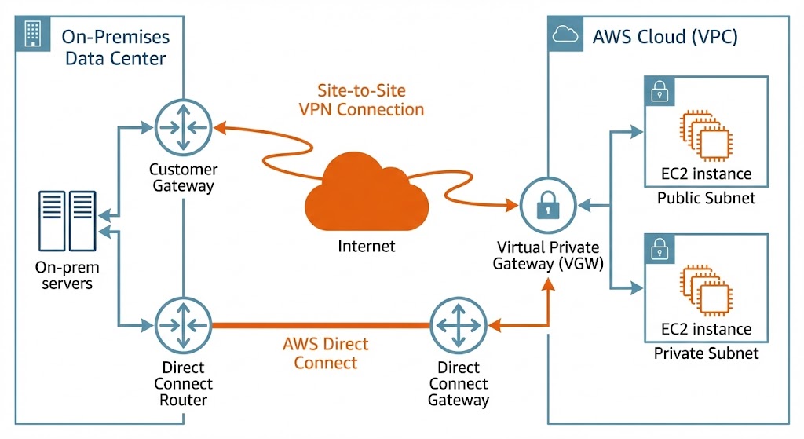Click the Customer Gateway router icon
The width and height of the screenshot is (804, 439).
(x=183, y=126)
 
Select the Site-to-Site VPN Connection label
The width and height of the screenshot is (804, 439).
(x=361, y=100)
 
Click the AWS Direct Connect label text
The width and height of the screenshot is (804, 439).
(x=325, y=353)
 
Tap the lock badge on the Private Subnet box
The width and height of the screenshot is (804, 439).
(x=658, y=248)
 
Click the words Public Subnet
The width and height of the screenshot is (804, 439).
(x=706, y=198)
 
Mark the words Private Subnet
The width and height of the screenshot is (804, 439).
(x=706, y=353)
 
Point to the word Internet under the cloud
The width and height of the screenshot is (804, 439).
(x=367, y=247)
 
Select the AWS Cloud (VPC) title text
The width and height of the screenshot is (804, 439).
(x=664, y=36)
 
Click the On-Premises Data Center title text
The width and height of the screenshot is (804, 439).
(x=116, y=47)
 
